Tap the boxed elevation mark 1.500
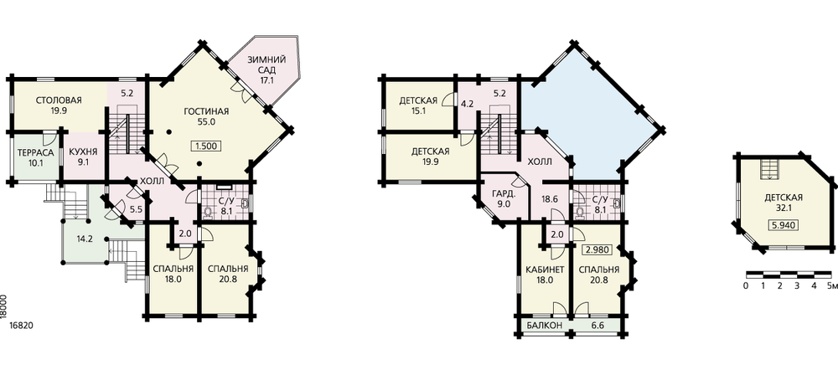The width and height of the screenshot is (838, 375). pyautogui.click(x=206, y=146)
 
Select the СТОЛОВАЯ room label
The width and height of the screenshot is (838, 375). pyautogui.click(x=59, y=100)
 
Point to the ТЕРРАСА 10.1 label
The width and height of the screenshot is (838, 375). pyautogui.click(x=35, y=158)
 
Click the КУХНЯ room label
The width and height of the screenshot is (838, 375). pyautogui.click(x=83, y=153)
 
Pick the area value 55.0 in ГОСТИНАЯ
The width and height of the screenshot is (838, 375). pyautogui.click(x=206, y=122)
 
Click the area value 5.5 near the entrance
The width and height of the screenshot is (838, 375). pyautogui.click(x=137, y=210)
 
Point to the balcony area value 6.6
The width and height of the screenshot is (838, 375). pyautogui.click(x=597, y=326)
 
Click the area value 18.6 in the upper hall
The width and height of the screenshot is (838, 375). pyautogui.click(x=550, y=198)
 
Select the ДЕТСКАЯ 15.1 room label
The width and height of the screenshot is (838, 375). pyautogui.click(x=418, y=105)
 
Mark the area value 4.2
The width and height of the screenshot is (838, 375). pyautogui.click(x=467, y=104)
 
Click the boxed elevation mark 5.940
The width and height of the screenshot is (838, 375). pyautogui.click(x=784, y=225)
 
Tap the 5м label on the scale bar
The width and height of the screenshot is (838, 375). pyautogui.click(x=831, y=286)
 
